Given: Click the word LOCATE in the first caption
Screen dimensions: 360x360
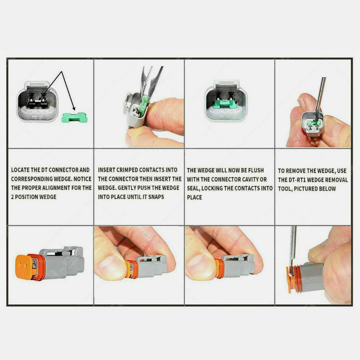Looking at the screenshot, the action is [20, 170].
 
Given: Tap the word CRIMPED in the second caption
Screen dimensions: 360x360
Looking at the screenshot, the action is [127, 170].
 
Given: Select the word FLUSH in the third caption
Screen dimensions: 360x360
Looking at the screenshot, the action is [256, 170].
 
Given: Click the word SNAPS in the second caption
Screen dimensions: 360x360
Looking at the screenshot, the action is [156, 197].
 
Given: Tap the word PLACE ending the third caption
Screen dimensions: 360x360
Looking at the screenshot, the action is [195, 197].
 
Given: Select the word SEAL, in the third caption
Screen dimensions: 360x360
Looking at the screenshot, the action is [193, 188].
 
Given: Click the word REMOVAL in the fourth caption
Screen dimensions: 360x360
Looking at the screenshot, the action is [337, 180].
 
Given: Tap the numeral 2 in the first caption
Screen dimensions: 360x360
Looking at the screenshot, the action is [12, 197].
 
